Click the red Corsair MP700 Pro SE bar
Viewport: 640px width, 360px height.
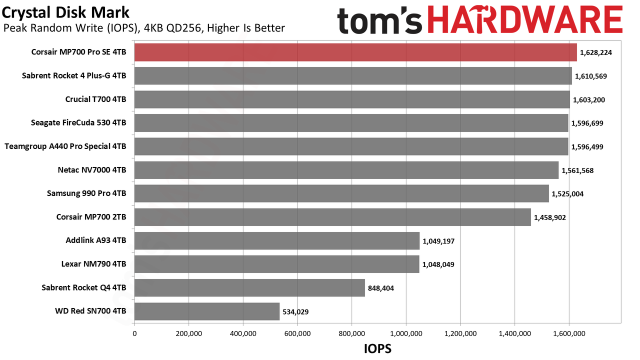point(355,52)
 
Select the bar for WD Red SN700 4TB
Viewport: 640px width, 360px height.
point(207,311)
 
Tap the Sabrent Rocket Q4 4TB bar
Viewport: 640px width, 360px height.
point(249,287)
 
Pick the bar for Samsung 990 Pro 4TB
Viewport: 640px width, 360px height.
point(341,193)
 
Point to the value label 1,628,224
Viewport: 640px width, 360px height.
point(595,52)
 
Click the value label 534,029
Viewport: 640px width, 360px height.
point(295,311)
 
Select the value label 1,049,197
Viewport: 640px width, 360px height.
point(438,241)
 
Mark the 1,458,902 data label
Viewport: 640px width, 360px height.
point(549,217)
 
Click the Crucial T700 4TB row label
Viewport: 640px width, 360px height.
point(95,99)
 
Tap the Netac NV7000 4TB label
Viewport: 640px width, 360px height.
point(92,170)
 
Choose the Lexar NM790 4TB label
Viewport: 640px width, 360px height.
point(93,264)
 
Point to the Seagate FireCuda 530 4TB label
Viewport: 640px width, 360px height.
point(78,123)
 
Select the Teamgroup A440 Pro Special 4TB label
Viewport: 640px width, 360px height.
point(65,146)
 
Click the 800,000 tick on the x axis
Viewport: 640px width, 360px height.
point(351,333)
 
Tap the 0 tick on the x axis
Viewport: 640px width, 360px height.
point(134,333)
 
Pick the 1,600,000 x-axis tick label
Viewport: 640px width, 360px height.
point(569,333)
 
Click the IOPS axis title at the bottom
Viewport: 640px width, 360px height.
point(377,349)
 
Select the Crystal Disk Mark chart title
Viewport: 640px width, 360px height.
point(65,13)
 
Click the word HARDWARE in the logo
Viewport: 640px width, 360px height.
point(525,19)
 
